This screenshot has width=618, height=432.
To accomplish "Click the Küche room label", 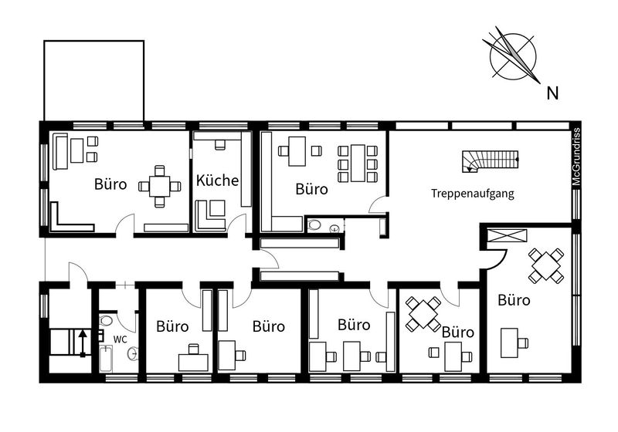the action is point(218,181).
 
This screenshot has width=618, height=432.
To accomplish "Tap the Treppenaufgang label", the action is point(472,194).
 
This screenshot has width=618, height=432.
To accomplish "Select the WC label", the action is point(121,339).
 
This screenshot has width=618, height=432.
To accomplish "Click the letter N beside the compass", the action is point(552,93).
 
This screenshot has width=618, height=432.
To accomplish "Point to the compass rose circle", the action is point(513,35).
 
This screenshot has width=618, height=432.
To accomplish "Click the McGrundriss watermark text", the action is point(576,157).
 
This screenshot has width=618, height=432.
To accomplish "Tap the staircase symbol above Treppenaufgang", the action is point(491,162).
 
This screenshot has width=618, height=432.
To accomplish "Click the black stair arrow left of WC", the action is point(83,343).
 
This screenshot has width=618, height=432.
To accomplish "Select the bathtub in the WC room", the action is point(106,359).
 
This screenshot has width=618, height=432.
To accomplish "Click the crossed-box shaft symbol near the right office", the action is point(507,237).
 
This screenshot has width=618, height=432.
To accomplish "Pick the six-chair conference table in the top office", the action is point(358,164).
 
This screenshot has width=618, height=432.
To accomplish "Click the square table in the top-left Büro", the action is point(160,186).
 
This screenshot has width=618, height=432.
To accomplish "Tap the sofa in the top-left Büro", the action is point(60,151).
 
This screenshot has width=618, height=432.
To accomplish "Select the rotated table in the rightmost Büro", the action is point(546,265).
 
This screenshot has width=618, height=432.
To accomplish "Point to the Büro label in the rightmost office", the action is point(514,300).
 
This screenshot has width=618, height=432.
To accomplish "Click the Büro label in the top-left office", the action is point(110,184).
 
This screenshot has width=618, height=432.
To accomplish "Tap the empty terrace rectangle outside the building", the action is point(93,80).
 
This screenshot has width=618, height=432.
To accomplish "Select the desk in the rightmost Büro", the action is point(509,343).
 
